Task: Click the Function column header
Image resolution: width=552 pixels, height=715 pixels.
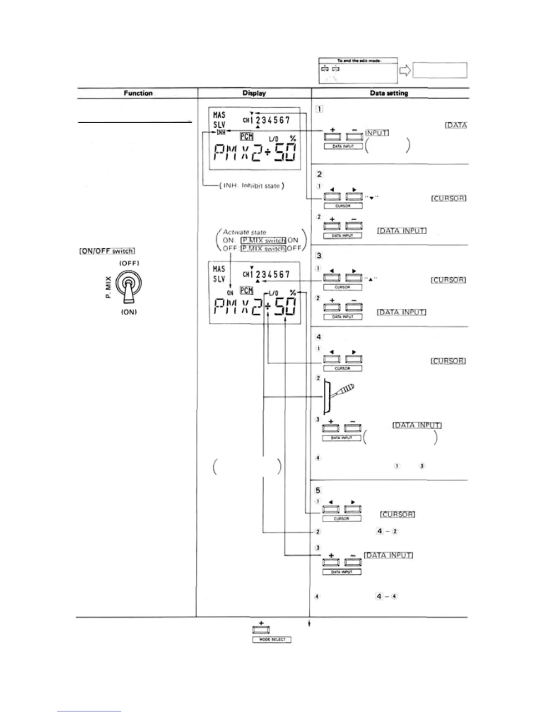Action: coord(138,93)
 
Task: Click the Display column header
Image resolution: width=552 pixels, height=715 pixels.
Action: coord(254,93)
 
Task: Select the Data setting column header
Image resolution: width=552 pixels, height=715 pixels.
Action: coord(388,93)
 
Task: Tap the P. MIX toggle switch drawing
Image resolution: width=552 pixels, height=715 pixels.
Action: coord(129,288)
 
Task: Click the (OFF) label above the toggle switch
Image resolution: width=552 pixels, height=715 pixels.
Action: coord(129,263)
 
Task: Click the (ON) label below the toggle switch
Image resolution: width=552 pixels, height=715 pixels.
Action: coord(129,312)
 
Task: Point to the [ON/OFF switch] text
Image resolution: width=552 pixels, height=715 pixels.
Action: coord(107,251)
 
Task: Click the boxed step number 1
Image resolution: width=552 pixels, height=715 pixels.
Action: coord(319,108)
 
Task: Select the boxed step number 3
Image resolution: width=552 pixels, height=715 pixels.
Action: coord(319,255)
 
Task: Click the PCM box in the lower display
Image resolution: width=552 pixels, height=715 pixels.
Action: coord(246,290)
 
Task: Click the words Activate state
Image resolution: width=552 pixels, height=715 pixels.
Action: coord(245,232)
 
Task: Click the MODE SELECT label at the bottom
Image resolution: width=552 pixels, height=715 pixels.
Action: coord(271,639)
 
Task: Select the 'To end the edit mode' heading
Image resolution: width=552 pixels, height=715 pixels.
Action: coord(358,61)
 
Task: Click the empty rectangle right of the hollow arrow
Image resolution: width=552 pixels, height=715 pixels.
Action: coord(440,70)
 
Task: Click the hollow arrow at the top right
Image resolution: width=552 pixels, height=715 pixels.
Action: coord(405,70)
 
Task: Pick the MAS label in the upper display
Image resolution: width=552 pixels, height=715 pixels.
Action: coord(219,115)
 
